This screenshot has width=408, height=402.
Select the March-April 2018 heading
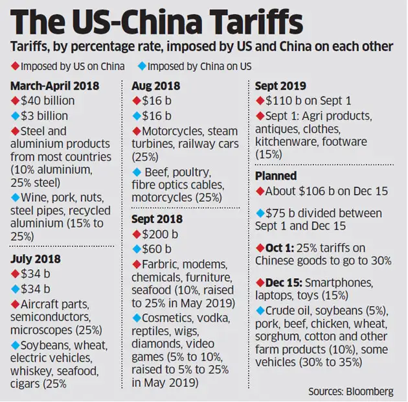click(54, 86)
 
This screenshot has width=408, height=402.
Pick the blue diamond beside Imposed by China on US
click(142, 67)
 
